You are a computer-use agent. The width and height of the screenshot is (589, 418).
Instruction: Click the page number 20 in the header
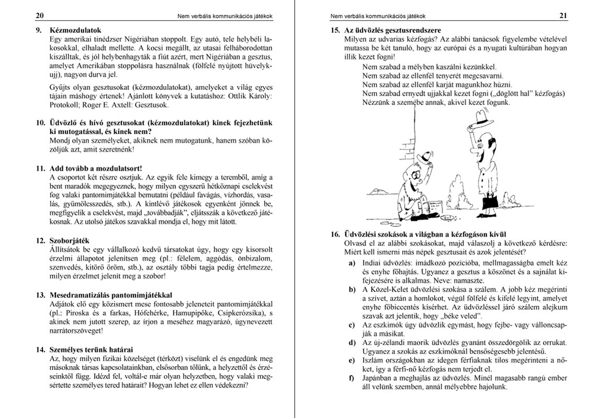[40, 16]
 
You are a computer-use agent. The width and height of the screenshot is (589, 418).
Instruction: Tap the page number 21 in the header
[563, 16]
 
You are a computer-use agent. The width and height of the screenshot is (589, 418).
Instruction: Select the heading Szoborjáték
[70, 241]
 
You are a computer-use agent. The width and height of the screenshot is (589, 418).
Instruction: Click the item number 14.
[40, 349]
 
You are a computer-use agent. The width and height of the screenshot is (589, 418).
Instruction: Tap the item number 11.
[40, 168]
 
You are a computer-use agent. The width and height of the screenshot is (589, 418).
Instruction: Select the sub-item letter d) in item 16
[352, 342]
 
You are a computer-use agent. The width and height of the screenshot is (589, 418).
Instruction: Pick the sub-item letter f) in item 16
[352, 378]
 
